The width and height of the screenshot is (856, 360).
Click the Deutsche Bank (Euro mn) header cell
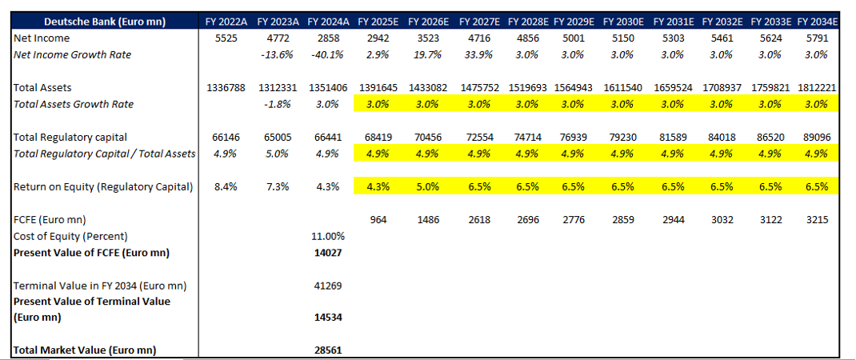tap(104, 22)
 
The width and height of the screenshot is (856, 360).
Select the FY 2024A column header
tap(328, 22)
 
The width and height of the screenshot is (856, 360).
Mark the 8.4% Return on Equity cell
tap(226, 187)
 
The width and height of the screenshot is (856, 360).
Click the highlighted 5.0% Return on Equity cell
tap(428, 187)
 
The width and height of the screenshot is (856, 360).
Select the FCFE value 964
tap(378, 220)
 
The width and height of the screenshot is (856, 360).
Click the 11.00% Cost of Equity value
tap(328, 237)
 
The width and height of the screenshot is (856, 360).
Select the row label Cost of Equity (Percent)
tap(70, 237)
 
